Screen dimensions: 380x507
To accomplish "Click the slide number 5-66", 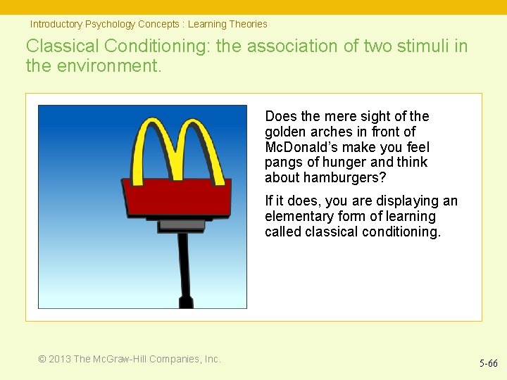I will click(x=488, y=364).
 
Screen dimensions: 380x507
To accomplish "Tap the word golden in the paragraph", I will click(x=285, y=132).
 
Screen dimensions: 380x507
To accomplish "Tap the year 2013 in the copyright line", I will click(x=59, y=359).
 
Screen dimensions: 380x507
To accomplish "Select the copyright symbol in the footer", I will click(x=42, y=359).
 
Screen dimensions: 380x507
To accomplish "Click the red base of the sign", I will click(x=176, y=196).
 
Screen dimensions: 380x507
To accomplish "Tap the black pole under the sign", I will click(x=184, y=267).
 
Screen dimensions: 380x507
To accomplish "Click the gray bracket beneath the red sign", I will click(x=181, y=225).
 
